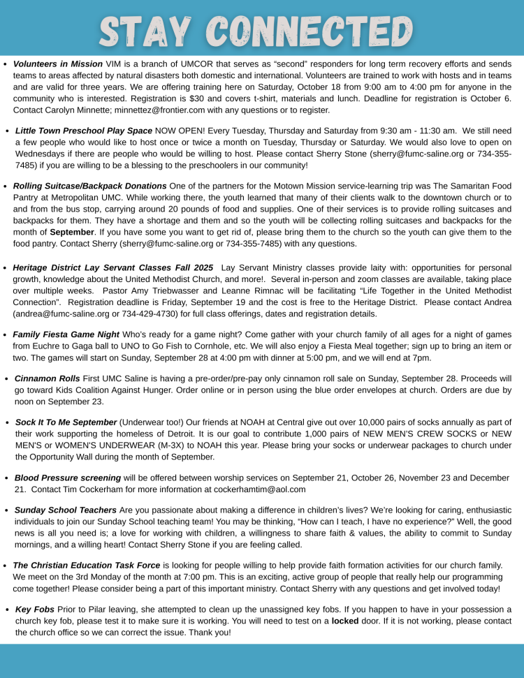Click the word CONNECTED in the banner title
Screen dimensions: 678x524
[x=312, y=31]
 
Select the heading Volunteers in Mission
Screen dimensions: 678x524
[x=58, y=64]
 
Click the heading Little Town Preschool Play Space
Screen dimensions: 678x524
[x=84, y=131]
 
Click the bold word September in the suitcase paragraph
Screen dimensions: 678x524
[x=72, y=232]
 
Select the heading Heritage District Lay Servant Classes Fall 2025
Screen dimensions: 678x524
[x=113, y=267]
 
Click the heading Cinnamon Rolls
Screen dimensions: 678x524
[x=47, y=378]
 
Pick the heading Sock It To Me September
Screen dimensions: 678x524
[x=66, y=422]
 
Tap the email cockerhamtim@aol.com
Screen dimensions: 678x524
[x=260, y=489]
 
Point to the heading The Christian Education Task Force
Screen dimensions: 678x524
[x=87, y=565]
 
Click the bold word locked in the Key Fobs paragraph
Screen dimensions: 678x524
[x=344, y=621]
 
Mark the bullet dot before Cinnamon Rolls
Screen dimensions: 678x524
[x=6, y=379]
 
